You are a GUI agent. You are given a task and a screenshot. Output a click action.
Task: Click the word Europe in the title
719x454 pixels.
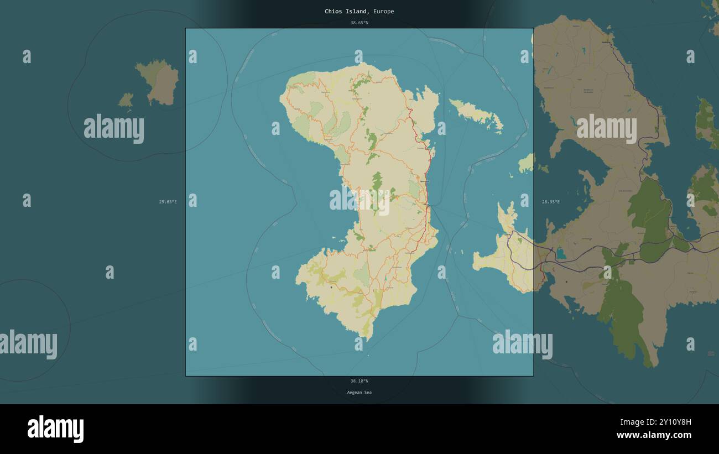click(x=383, y=12)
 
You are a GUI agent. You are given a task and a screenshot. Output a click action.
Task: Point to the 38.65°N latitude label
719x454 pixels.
click(x=359, y=23)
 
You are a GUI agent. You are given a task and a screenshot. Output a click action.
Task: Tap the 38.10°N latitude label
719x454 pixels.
click(x=359, y=381)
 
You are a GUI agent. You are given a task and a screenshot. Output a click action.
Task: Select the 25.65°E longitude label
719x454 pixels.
click(x=168, y=202)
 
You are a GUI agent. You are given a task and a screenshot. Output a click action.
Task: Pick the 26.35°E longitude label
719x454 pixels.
click(x=550, y=202)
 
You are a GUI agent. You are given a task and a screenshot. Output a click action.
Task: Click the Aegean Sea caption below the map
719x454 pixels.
click(x=359, y=393)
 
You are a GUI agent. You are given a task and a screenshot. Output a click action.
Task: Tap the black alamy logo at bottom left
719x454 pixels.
click(x=55, y=429)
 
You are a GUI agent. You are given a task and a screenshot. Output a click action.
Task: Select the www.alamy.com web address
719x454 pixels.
click(x=654, y=436)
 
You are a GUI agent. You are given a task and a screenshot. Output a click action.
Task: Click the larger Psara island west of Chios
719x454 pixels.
click(x=160, y=82)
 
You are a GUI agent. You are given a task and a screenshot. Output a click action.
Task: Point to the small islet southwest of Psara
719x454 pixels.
click(x=126, y=100)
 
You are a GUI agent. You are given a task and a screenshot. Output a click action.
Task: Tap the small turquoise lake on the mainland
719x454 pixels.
click(x=561, y=253)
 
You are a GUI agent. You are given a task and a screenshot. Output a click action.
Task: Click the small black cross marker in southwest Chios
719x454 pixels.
click(x=331, y=287)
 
